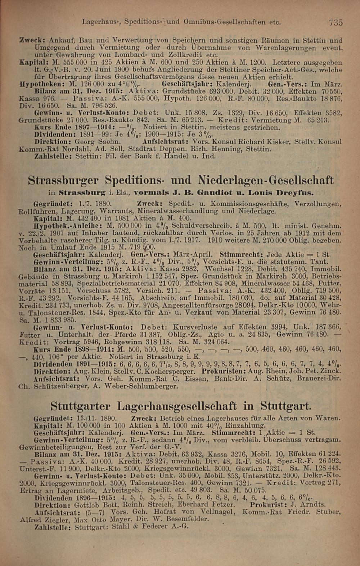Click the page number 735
[335, 22]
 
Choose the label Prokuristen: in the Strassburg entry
[222, 371]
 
